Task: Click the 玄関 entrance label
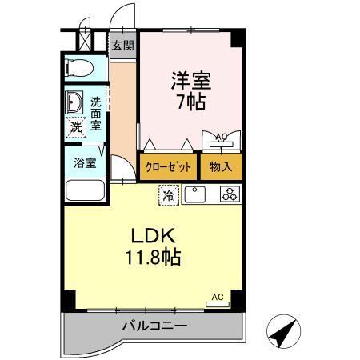click(x=122, y=46)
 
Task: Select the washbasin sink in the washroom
click(x=74, y=102)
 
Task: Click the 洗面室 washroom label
click(x=95, y=113)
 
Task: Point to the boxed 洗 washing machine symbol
click(x=75, y=127)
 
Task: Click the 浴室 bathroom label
click(x=86, y=163)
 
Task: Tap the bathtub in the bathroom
click(x=86, y=190)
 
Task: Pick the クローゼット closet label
click(x=169, y=167)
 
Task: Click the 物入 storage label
click(x=221, y=167)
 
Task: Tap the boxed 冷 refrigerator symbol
click(x=169, y=194)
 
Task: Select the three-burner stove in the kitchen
click(x=229, y=194)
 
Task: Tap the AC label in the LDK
click(x=216, y=297)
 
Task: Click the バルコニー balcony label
click(x=154, y=327)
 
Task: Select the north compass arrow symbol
click(x=283, y=331)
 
